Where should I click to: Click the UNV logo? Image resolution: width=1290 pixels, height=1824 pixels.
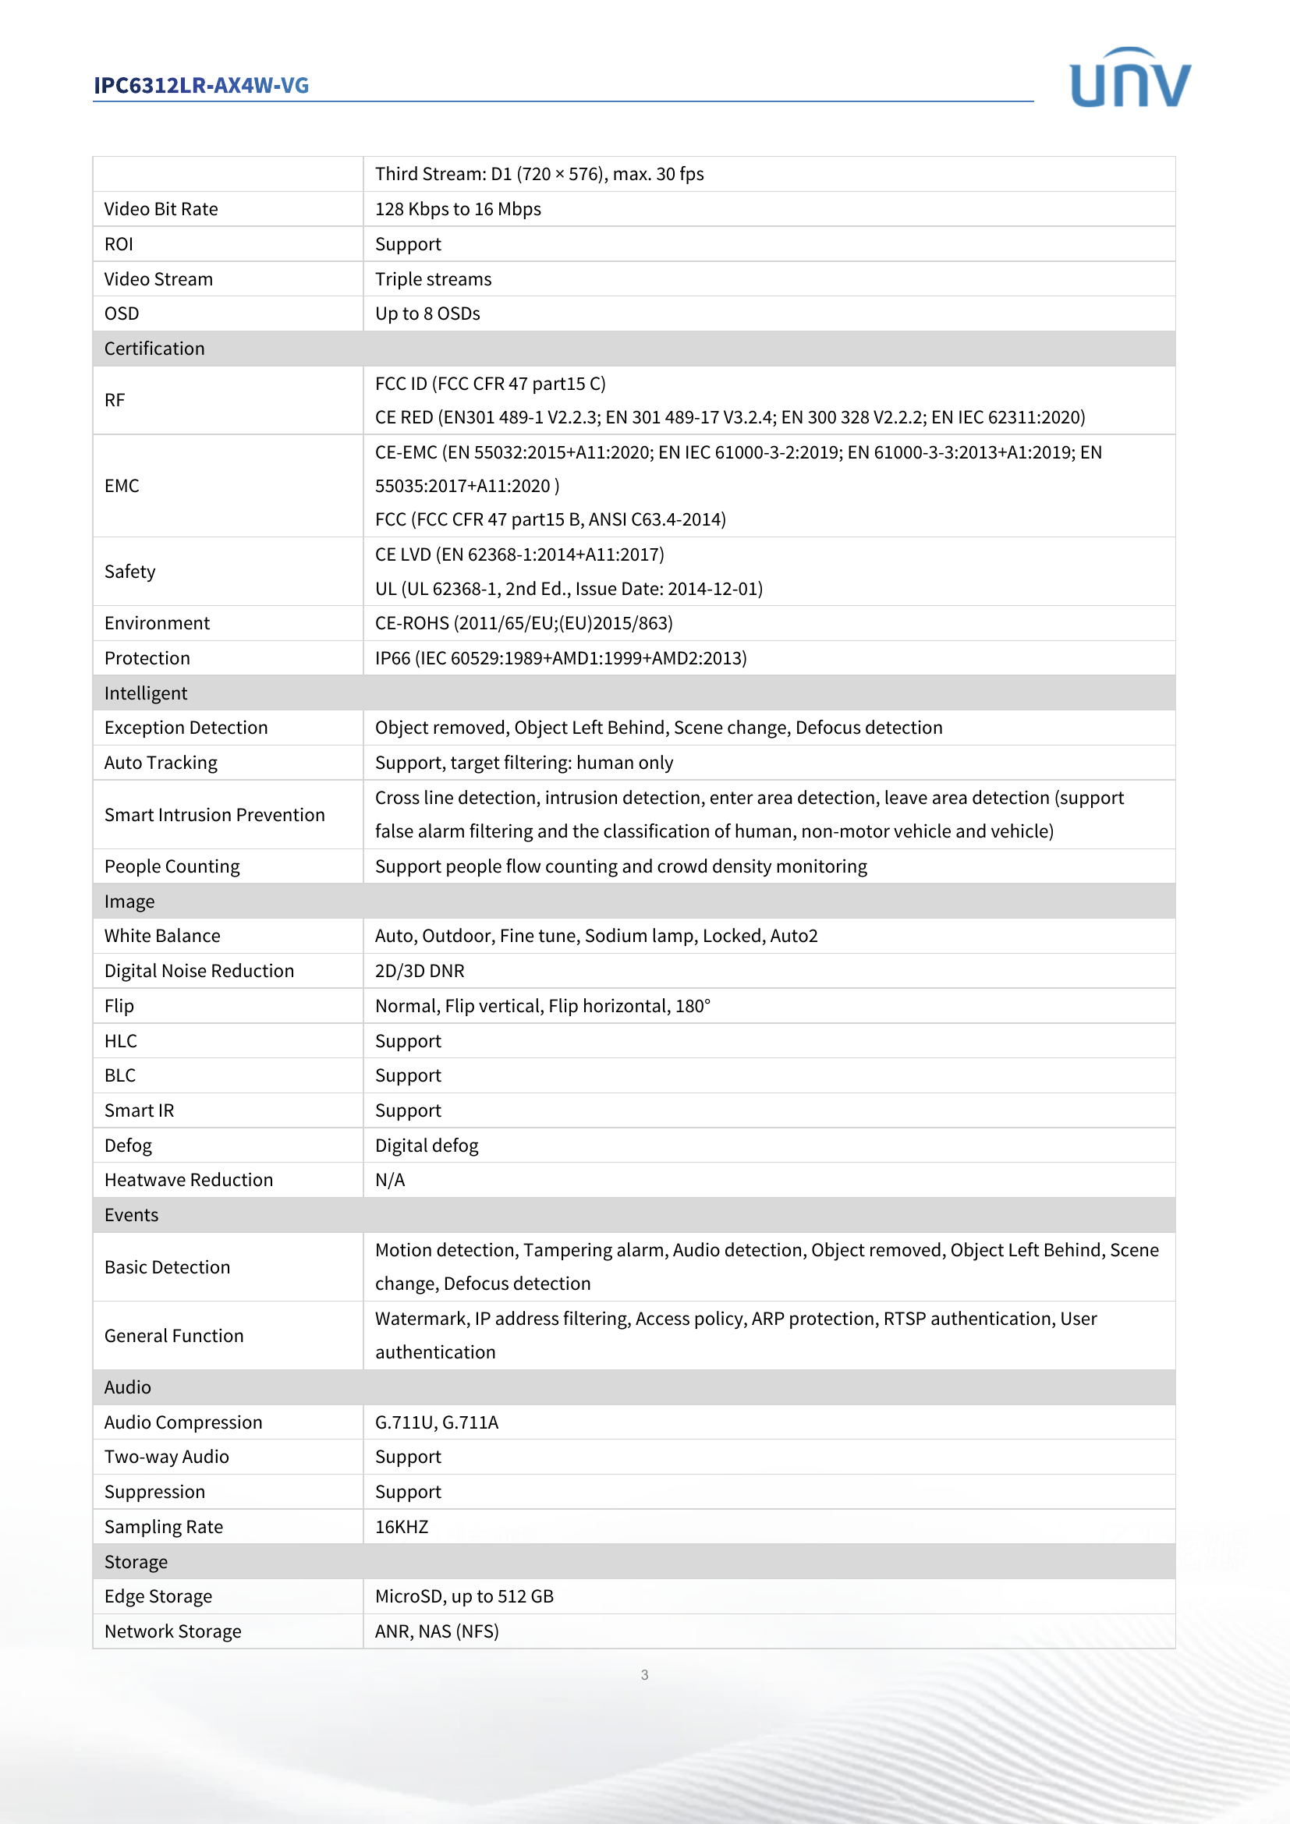coord(1129,78)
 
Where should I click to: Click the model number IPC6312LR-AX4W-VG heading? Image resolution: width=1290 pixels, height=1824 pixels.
coord(201,85)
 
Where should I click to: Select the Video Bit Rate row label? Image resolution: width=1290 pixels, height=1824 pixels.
coord(161,209)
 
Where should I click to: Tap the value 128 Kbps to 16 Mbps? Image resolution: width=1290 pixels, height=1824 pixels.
coord(458,209)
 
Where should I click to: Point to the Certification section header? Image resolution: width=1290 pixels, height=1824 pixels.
coord(154,349)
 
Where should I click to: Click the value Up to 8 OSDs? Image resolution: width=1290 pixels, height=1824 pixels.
coord(427,313)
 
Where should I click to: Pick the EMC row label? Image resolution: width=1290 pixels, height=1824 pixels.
coord(122,485)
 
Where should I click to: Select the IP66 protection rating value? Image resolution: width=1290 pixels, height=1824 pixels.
coord(560,658)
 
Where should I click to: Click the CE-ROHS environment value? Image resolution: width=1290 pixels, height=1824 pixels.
coord(523,623)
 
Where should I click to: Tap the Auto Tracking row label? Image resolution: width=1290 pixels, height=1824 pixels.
coord(161,763)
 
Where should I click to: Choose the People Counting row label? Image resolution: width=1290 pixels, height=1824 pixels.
coord(172,866)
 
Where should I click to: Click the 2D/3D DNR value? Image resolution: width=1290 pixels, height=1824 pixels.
coord(420,971)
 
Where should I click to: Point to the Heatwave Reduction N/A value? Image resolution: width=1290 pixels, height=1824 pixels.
coord(390,1180)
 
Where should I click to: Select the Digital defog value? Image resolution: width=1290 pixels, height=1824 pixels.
coord(427,1146)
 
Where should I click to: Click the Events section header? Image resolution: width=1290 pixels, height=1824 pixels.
coord(131,1215)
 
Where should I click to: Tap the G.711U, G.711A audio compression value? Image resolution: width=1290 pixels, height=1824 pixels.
coord(436,1422)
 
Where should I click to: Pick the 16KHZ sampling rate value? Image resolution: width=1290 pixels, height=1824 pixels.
coord(401,1527)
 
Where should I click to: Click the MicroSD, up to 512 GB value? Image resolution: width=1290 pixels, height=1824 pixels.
coord(464,1596)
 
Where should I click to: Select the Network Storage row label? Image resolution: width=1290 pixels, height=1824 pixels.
coord(172,1631)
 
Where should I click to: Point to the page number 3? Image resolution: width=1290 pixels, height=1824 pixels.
coord(644,1674)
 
